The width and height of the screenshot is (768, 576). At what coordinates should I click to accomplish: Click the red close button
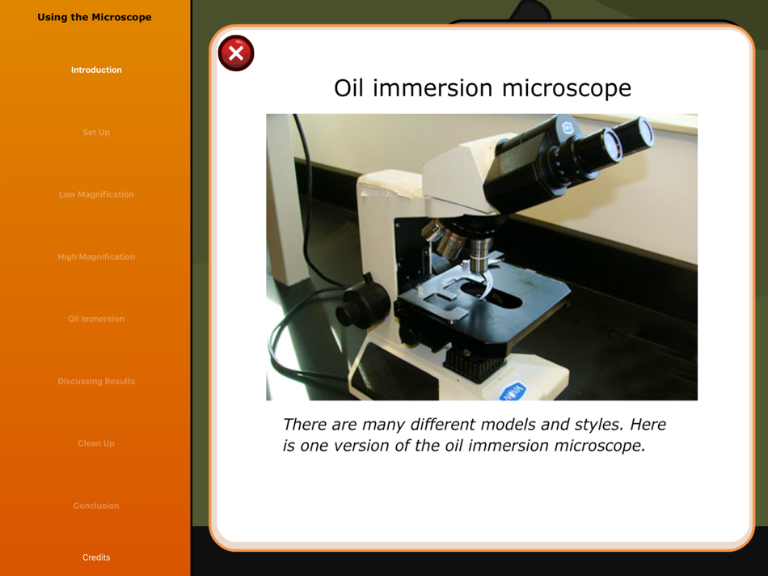click(236, 53)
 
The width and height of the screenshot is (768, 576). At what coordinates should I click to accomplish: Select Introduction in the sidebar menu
click(96, 70)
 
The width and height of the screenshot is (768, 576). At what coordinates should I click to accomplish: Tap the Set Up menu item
click(96, 133)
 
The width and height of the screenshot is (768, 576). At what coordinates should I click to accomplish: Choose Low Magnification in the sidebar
click(96, 195)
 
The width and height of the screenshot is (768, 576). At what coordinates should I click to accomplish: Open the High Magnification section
click(96, 257)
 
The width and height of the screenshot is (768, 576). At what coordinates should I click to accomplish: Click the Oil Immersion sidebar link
click(96, 319)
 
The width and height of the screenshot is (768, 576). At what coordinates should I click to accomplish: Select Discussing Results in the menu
click(96, 381)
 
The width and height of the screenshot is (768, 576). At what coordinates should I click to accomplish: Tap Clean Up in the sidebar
click(96, 443)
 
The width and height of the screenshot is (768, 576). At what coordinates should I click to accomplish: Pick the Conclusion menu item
click(96, 506)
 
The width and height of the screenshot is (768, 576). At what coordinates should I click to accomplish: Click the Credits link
click(96, 557)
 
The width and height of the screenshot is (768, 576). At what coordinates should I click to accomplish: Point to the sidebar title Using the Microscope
click(95, 17)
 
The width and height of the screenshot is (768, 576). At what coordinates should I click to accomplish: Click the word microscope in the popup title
click(567, 89)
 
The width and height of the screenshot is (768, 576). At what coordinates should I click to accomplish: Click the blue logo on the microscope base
click(513, 392)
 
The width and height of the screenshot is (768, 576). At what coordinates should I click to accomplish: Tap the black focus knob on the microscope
click(361, 304)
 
